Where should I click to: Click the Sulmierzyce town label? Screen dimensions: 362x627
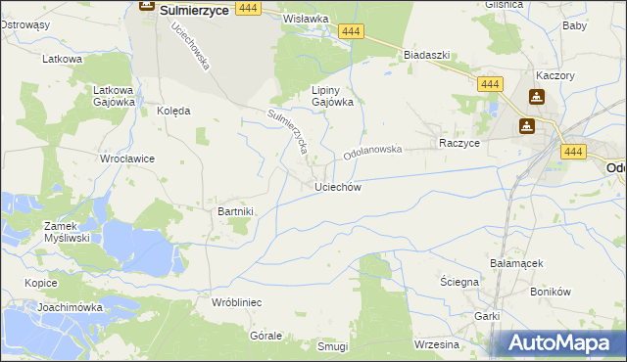click(x=194, y=9)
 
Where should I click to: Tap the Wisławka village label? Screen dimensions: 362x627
click(x=305, y=19)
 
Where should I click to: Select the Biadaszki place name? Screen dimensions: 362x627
click(x=426, y=56)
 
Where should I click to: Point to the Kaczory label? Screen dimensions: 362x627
click(x=554, y=75)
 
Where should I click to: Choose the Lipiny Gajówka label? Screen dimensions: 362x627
click(x=332, y=95)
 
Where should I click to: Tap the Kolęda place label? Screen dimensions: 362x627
click(x=173, y=111)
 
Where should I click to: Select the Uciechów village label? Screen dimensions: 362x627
click(x=338, y=187)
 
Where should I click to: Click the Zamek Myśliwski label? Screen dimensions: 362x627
click(x=68, y=231)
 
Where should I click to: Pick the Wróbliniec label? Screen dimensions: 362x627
click(x=236, y=302)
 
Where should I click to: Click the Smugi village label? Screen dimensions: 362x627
click(x=333, y=346)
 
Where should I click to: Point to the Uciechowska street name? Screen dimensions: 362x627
click(x=192, y=47)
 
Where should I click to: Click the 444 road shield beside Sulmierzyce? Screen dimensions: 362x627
click(x=248, y=8)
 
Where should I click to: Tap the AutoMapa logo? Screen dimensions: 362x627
click(x=559, y=343)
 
